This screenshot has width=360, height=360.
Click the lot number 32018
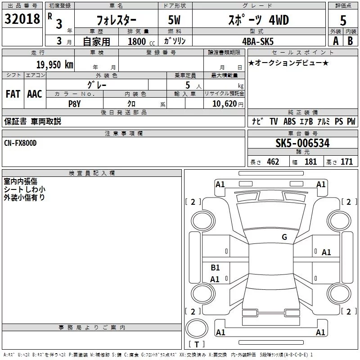[x=22, y=19]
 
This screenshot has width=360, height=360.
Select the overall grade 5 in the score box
[x=343, y=21]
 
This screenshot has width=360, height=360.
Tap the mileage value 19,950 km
[x=55, y=65]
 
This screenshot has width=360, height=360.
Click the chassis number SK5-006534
[x=302, y=143]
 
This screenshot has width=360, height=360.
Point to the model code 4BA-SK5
[x=258, y=41]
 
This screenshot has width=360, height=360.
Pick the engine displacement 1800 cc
[x=141, y=41]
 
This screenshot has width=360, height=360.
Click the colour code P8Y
[x=75, y=104]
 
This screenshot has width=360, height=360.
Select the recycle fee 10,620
[x=225, y=104]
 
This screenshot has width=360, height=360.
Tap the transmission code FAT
[x=13, y=94]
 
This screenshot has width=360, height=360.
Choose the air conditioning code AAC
[x=35, y=94]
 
